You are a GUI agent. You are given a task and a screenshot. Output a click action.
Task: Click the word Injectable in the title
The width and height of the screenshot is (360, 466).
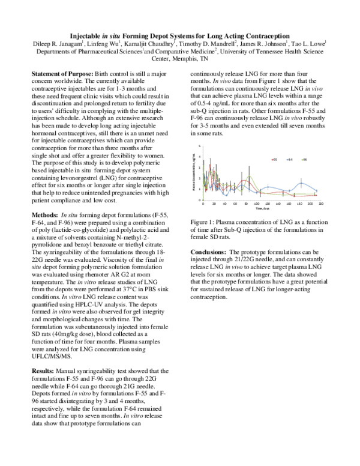pyautogui.click(x=98, y=35)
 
